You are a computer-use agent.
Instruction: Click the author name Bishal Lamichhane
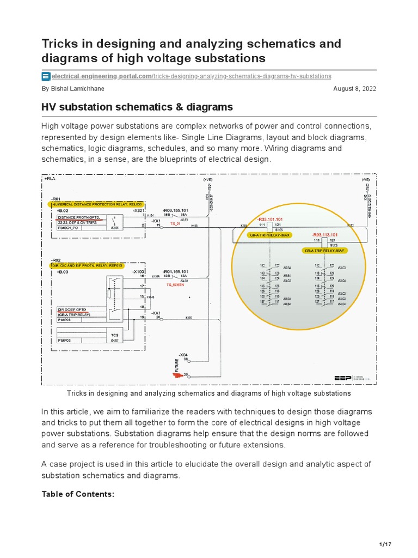(x=73, y=88)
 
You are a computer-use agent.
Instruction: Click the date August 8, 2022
(x=354, y=88)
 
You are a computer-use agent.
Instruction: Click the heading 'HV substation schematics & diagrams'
(x=137, y=107)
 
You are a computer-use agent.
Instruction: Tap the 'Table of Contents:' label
(x=78, y=494)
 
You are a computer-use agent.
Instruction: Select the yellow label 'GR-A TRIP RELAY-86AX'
(x=269, y=234)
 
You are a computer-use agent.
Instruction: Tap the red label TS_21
(x=175, y=224)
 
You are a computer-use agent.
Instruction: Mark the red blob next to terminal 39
(x=178, y=375)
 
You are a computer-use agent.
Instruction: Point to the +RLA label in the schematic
(x=50, y=178)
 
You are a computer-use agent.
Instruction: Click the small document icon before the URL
(x=46, y=76)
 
